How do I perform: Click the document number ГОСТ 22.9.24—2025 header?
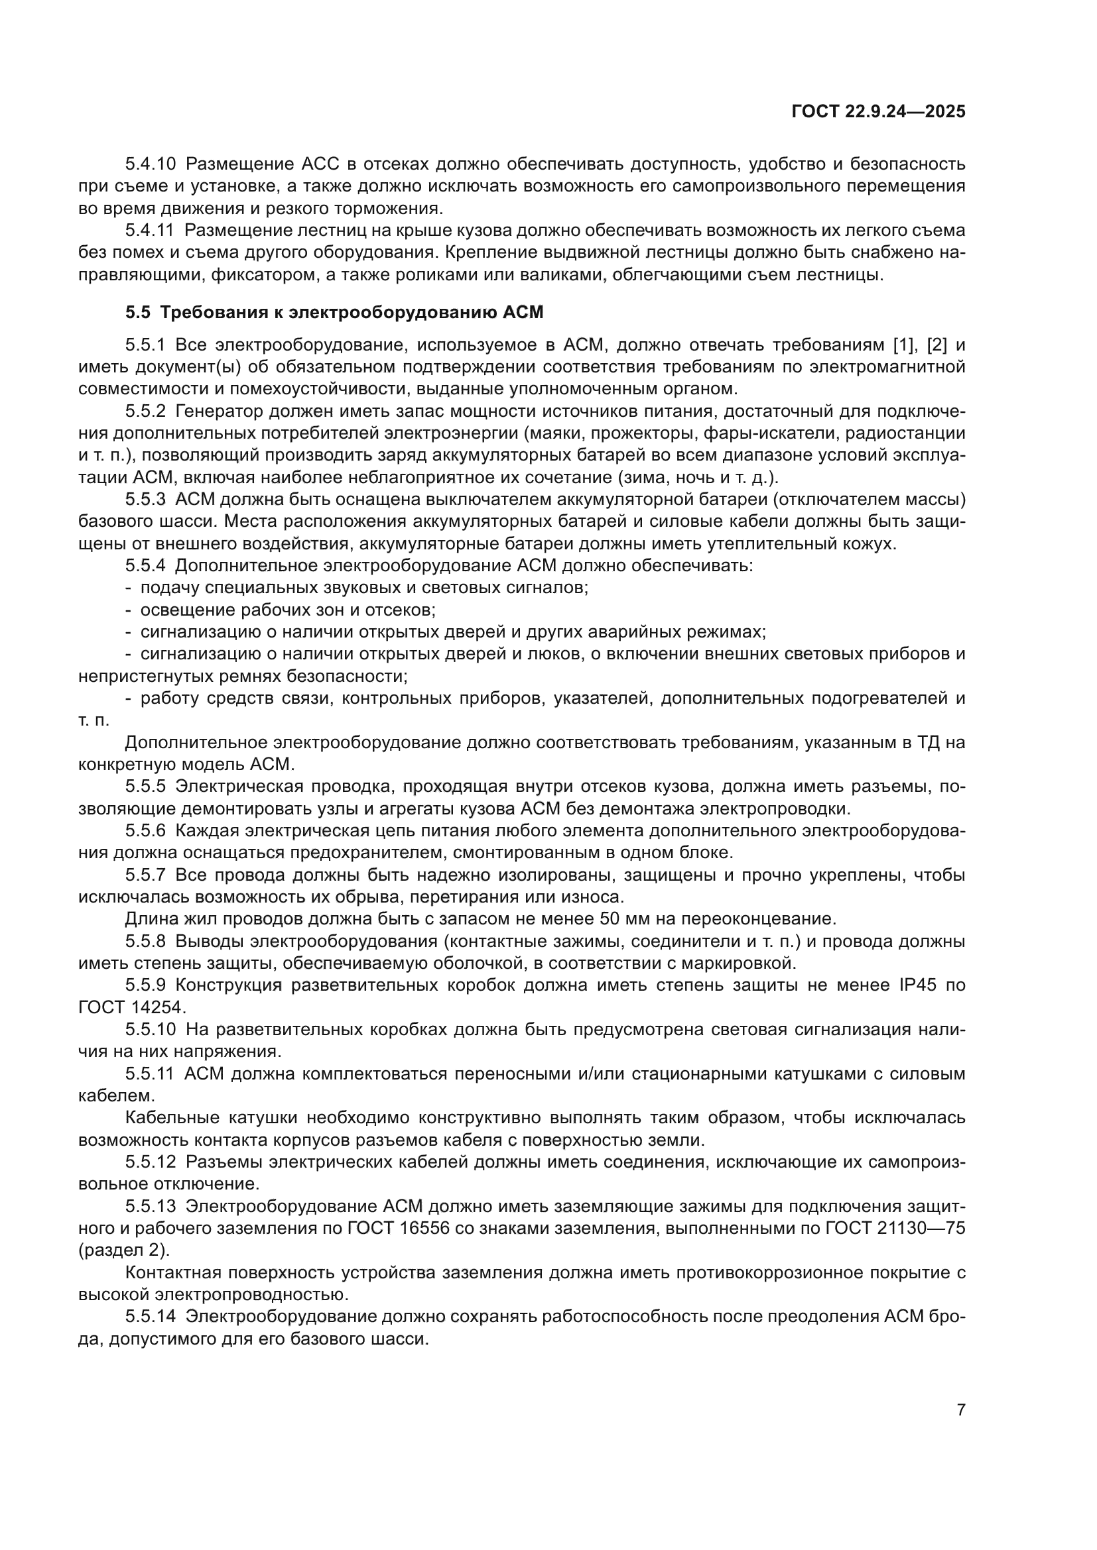(x=878, y=111)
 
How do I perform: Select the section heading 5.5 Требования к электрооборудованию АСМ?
(x=334, y=313)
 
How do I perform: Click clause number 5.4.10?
(x=151, y=164)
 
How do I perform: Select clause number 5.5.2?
(x=145, y=411)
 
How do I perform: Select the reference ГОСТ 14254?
(x=131, y=1007)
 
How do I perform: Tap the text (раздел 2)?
(x=123, y=1250)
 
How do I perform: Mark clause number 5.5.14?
(x=151, y=1316)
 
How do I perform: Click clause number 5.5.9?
(x=145, y=985)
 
